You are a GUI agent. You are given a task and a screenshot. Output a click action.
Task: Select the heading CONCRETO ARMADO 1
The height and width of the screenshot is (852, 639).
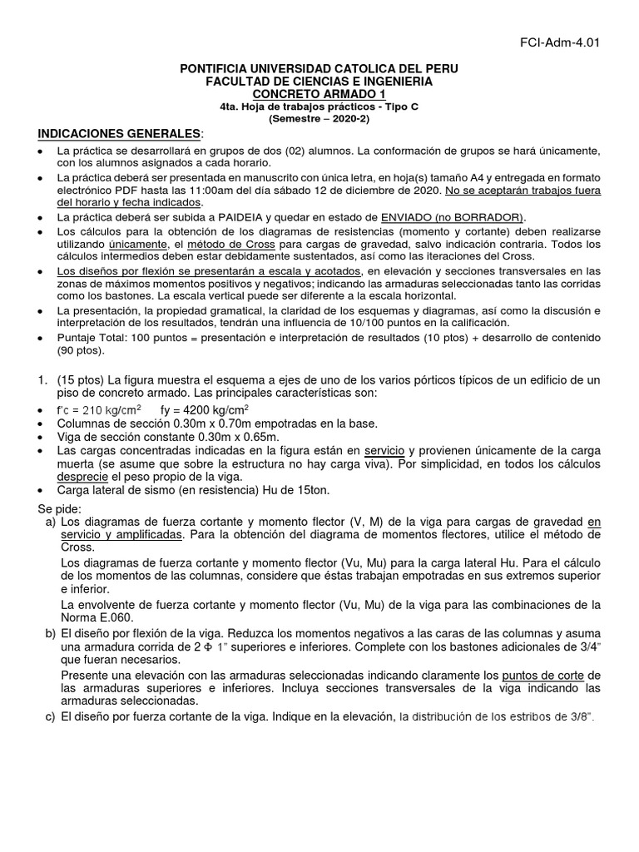[x=319, y=95]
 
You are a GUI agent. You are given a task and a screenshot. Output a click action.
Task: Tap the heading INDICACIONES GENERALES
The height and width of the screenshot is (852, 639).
[x=119, y=134]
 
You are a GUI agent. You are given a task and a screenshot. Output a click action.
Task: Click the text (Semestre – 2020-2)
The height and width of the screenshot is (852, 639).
[x=319, y=118]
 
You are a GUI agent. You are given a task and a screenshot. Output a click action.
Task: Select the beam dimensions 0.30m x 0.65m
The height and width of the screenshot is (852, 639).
[x=220, y=437]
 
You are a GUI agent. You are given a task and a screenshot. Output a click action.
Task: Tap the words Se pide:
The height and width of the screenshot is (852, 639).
[x=59, y=508]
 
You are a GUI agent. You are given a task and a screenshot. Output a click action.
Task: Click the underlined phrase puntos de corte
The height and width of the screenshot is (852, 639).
[x=536, y=675]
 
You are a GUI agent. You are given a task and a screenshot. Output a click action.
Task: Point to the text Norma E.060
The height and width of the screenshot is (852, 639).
[x=99, y=617]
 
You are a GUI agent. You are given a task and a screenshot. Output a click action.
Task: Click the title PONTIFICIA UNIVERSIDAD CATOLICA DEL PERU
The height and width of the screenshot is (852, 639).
[x=319, y=68]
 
